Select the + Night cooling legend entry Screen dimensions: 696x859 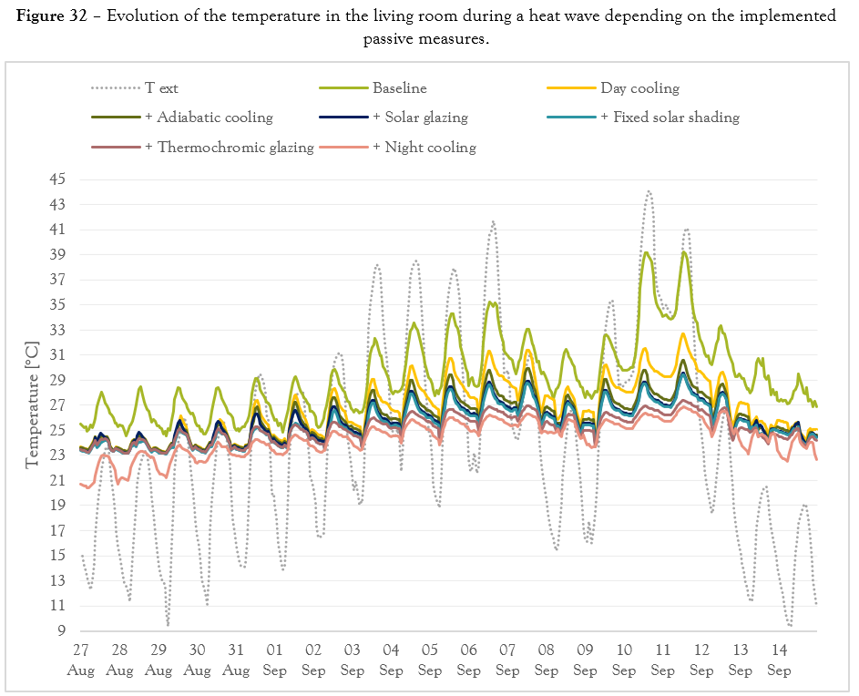point(424,147)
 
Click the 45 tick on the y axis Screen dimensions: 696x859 point(56,179)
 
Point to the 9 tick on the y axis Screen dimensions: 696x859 point(60,630)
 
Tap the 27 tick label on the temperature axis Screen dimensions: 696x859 point(56,404)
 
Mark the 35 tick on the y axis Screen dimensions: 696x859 point(56,304)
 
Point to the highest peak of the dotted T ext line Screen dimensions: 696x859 point(649,191)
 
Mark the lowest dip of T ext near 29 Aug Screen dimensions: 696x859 point(168,625)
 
